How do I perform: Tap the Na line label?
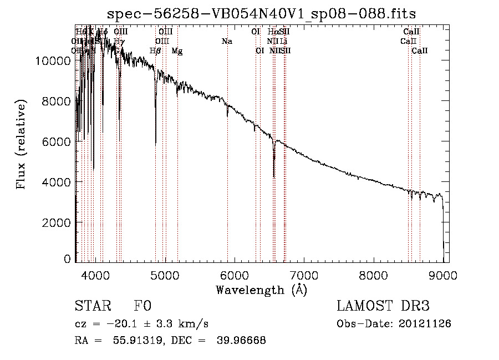tap(227, 42)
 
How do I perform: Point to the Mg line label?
tap(177, 51)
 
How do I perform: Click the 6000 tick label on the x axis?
tap(234, 275)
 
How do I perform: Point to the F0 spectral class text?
tap(142, 307)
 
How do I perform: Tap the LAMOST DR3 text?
tap(383, 307)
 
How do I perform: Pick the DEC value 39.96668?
tap(242, 341)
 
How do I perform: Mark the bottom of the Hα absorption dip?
tap(274, 176)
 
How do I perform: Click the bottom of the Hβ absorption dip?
tap(156, 145)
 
